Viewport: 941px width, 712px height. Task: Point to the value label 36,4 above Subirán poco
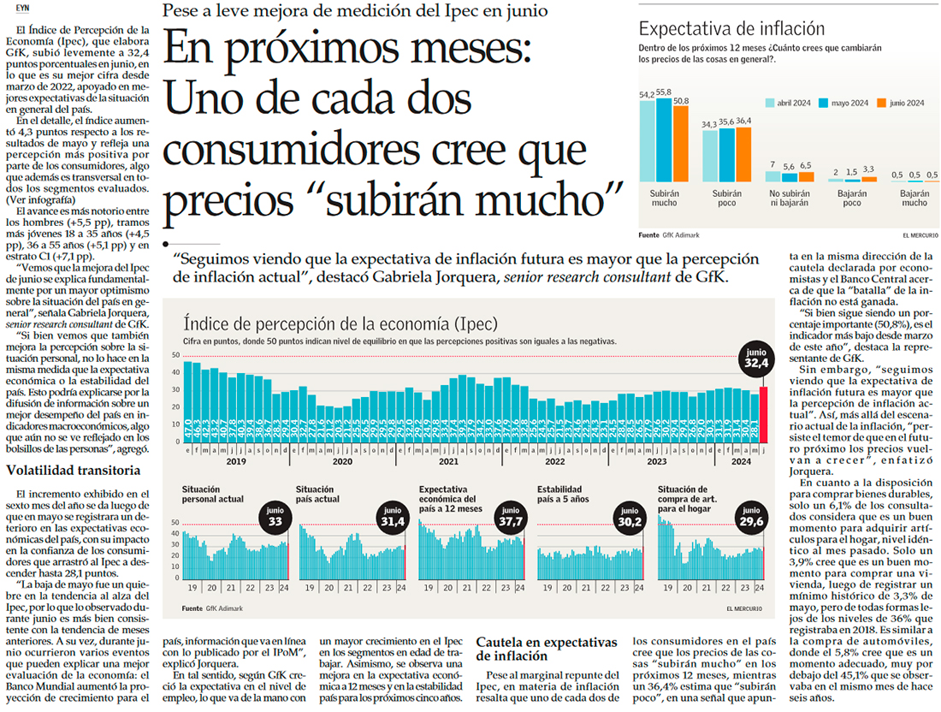point(743,121)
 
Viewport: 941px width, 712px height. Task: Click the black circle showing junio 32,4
point(755,363)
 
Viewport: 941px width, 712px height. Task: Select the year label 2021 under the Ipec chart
point(449,461)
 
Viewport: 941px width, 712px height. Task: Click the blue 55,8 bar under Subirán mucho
point(664,138)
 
